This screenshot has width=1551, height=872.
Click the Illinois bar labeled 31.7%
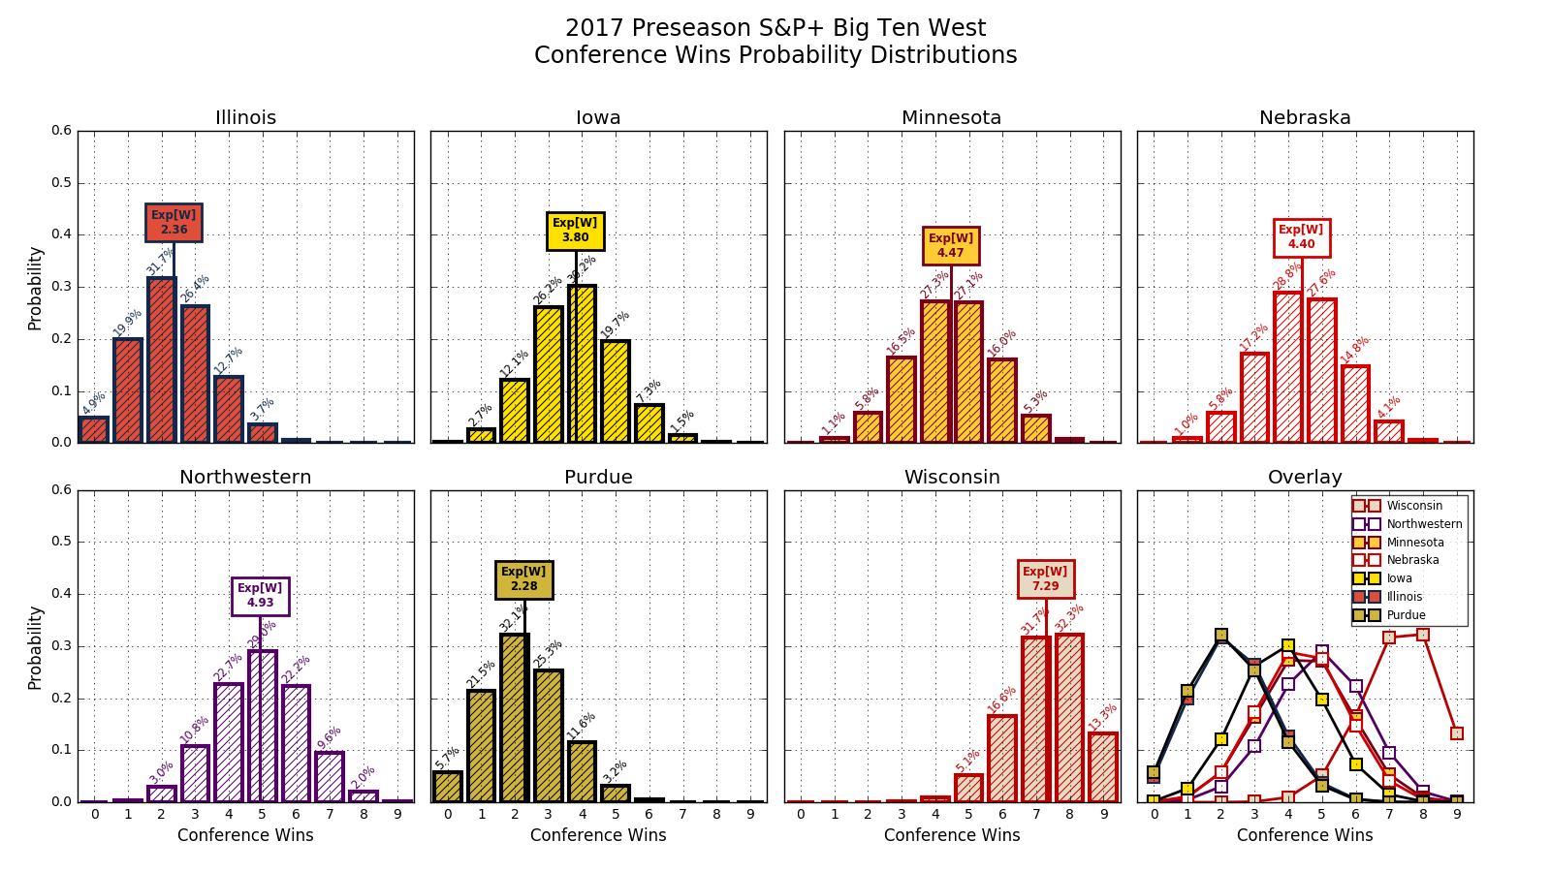pyautogui.click(x=161, y=360)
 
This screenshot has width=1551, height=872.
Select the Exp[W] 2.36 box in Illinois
pyautogui.click(x=174, y=223)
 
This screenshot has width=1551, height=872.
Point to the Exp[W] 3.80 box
pyautogui.click(x=575, y=231)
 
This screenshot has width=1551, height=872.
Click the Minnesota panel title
pyautogui.click(x=951, y=118)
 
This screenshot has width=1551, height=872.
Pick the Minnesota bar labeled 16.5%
pyautogui.click(x=902, y=399)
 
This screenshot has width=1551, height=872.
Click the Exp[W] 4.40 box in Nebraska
pyautogui.click(x=1301, y=237)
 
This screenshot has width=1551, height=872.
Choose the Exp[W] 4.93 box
pyautogui.click(x=260, y=596)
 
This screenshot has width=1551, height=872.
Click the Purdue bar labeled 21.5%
pyautogui.click(x=481, y=746)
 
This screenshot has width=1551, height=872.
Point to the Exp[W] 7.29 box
pyautogui.click(x=1045, y=579)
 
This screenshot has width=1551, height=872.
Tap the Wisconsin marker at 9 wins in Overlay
pyautogui.click(x=1457, y=733)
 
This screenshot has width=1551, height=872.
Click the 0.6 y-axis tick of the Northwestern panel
pyautogui.click(x=62, y=490)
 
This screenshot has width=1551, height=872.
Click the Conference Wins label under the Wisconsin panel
pyautogui.click(x=951, y=835)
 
